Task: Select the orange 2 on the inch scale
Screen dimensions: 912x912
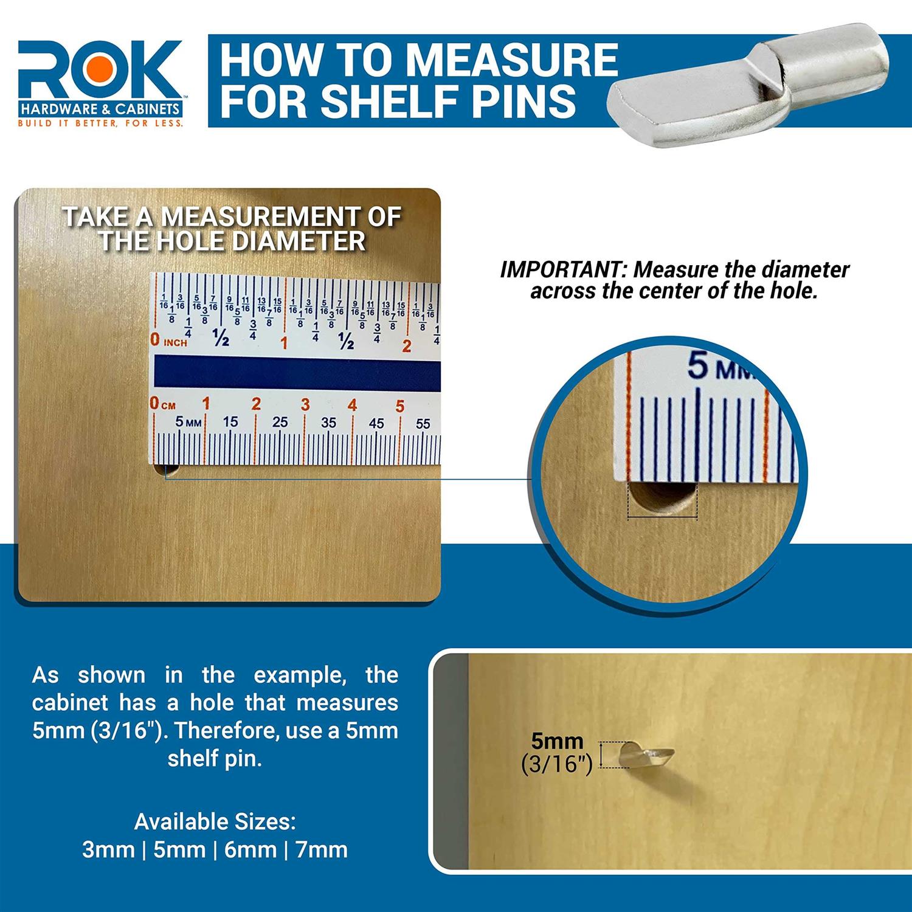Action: (407, 347)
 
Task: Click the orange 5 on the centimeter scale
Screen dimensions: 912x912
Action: (399, 406)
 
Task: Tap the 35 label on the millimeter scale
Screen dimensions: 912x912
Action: (328, 423)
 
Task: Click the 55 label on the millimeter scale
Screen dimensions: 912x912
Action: (423, 424)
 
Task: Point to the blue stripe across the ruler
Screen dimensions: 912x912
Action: (297, 371)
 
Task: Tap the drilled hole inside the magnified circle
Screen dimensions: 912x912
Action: (662, 497)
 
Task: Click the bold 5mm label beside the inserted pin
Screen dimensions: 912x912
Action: (557, 741)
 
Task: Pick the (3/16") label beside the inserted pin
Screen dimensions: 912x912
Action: (557, 764)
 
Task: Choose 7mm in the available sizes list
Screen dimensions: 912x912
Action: (322, 849)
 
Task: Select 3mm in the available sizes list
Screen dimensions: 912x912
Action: (108, 849)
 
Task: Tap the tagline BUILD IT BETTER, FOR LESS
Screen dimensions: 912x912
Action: (100, 123)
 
